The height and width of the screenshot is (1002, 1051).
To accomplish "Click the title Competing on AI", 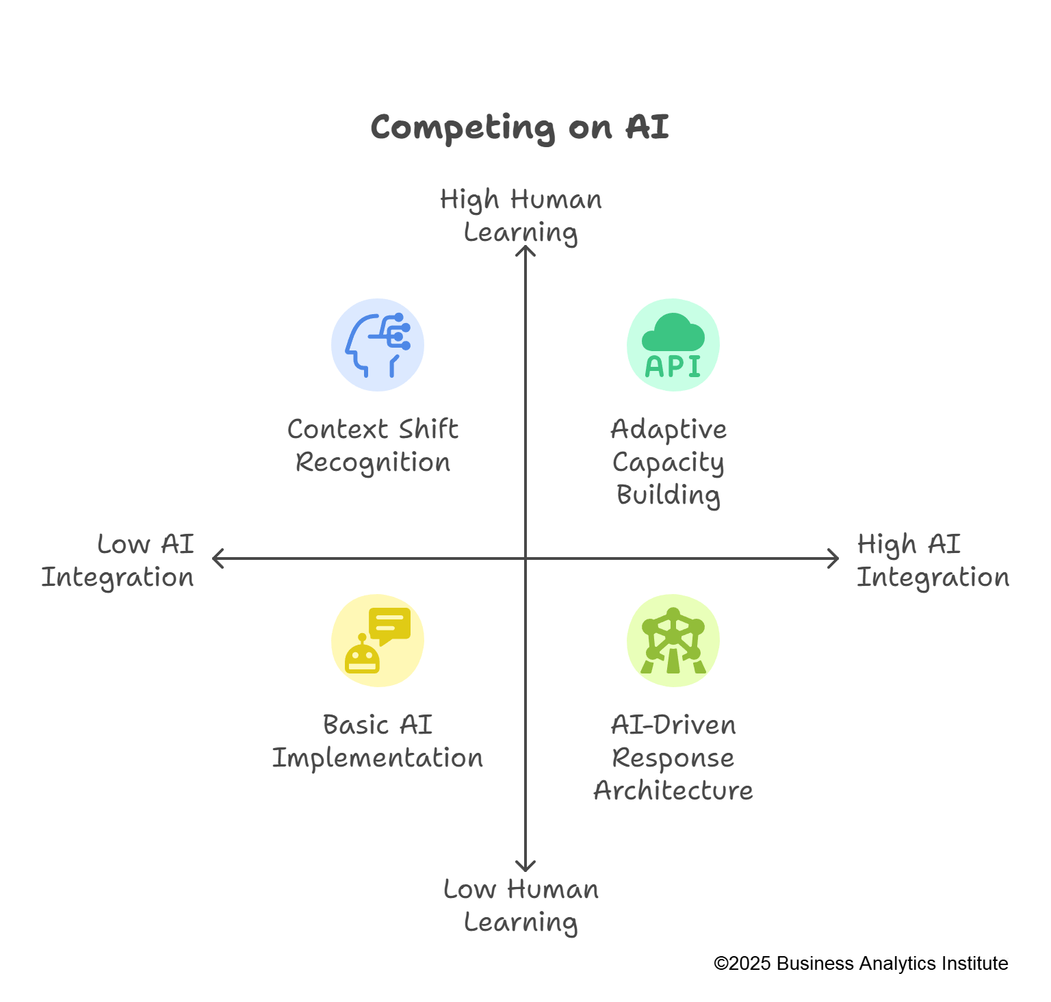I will click(519, 127).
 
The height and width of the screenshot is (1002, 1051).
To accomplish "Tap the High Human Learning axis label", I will click(521, 216).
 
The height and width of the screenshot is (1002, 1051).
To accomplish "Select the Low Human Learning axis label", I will click(521, 905).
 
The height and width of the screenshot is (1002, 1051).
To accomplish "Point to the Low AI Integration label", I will click(118, 561).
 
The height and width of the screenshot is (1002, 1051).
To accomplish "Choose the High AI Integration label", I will click(933, 561).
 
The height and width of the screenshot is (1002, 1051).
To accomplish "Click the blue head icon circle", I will click(378, 345).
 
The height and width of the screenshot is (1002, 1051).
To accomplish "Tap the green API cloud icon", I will click(673, 345).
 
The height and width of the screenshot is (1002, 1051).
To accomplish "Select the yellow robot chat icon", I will click(378, 641).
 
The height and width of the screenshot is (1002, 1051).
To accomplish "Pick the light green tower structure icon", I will click(673, 641).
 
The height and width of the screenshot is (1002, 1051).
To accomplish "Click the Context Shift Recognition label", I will click(373, 446).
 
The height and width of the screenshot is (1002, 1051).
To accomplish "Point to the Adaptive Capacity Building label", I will click(669, 462).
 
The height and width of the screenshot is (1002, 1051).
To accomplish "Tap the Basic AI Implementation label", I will click(378, 741).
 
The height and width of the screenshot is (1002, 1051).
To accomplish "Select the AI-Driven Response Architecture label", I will click(673, 758).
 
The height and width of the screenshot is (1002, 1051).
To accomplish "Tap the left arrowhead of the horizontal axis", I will click(216, 558).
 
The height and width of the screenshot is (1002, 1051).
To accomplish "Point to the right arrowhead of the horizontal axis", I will click(835, 558).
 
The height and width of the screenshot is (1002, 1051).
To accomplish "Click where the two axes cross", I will click(525, 558).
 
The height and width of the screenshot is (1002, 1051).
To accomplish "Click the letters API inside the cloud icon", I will click(673, 367).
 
